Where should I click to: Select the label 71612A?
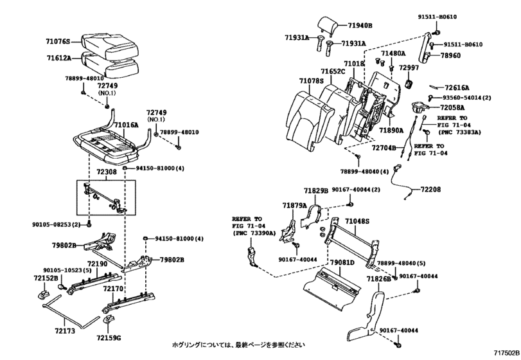(x=59, y=58)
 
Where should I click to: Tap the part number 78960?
(x=450, y=56)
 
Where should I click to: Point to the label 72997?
(x=409, y=67)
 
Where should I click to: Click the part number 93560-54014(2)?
(x=466, y=97)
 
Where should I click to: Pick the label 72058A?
(x=452, y=107)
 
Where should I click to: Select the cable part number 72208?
(x=431, y=190)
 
